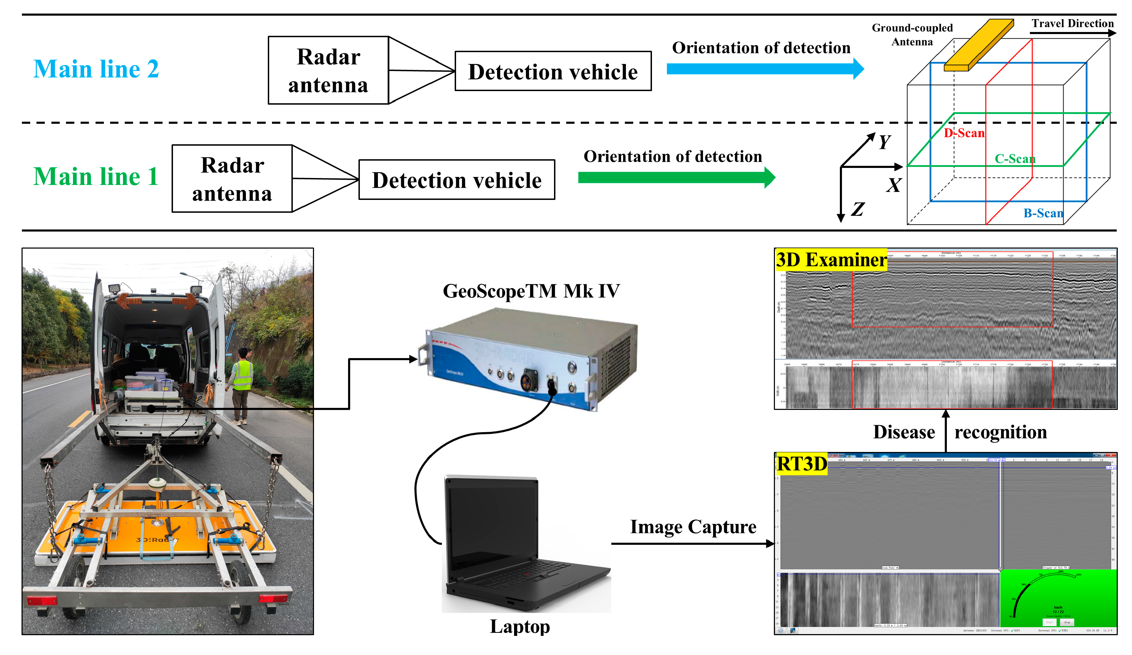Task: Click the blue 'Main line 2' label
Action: pos(96,69)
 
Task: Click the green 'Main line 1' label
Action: pos(96,176)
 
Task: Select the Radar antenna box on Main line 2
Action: pos(328,71)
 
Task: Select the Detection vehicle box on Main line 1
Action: pos(457,180)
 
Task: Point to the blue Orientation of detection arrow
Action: pos(764,69)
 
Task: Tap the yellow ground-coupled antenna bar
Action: pos(979,45)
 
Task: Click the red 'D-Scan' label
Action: pos(964,133)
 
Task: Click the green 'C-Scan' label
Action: pos(1015,159)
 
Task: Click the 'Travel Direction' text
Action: pos(1072,23)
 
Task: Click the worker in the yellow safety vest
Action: pos(242,382)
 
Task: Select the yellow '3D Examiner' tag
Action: pos(831,260)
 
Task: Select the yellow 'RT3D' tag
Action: pos(802,464)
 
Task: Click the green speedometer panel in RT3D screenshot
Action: pos(1058,598)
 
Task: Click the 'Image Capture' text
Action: pos(693,527)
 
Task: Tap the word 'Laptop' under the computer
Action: pos(520,626)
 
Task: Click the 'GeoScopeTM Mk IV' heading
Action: pos(531,291)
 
